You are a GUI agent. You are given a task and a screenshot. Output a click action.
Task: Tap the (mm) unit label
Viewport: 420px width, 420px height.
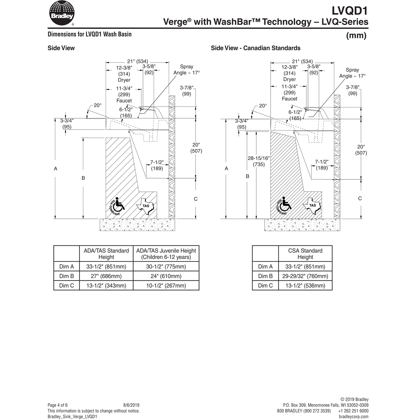pyautogui.click(x=356, y=36)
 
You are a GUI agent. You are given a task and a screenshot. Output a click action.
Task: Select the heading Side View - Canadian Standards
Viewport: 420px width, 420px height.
pyautogui.click(x=255, y=48)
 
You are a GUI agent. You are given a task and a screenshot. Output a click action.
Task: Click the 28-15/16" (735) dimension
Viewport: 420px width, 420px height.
pyautogui.click(x=259, y=161)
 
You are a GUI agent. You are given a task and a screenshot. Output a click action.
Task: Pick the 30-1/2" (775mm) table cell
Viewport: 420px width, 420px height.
pyautogui.click(x=166, y=267)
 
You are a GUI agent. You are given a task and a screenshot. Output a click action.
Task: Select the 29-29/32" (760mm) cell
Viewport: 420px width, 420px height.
pyautogui.click(x=305, y=276)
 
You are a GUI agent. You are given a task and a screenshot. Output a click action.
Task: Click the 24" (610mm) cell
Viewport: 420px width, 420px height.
pyautogui.click(x=166, y=276)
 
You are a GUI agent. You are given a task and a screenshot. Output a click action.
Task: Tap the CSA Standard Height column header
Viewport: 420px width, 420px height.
pyautogui.click(x=305, y=254)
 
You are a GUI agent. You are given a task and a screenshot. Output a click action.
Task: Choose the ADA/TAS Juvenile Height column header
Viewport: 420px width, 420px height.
pyautogui.click(x=166, y=254)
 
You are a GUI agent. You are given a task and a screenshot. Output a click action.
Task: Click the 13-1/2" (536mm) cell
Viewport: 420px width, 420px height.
pyautogui.click(x=305, y=286)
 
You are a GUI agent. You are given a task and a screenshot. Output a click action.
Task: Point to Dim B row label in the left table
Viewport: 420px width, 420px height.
pyautogui.click(x=66, y=276)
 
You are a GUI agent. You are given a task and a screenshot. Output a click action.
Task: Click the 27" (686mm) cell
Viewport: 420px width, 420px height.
pyautogui.click(x=106, y=276)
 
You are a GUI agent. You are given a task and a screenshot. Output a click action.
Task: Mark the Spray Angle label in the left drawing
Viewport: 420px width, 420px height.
pyautogui.click(x=187, y=70)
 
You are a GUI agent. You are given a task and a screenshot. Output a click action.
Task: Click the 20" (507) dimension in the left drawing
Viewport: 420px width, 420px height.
pyautogui.click(x=196, y=148)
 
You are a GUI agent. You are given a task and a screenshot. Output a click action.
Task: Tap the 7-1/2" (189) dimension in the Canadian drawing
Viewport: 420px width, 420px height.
pyautogui.click(x=321, y=165)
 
